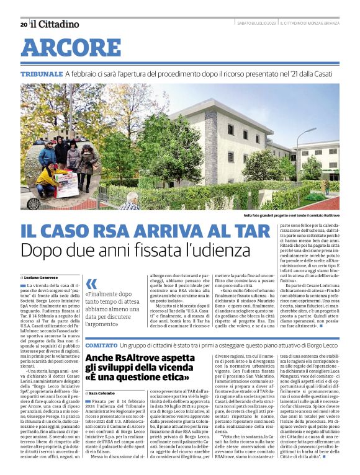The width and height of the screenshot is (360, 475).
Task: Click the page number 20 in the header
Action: point(24,24)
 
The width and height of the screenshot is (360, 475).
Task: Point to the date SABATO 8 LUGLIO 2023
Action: point(256,24)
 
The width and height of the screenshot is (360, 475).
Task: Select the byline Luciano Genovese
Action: point(44,277)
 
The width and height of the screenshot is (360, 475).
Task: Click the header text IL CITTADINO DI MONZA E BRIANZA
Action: point(309,24)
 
